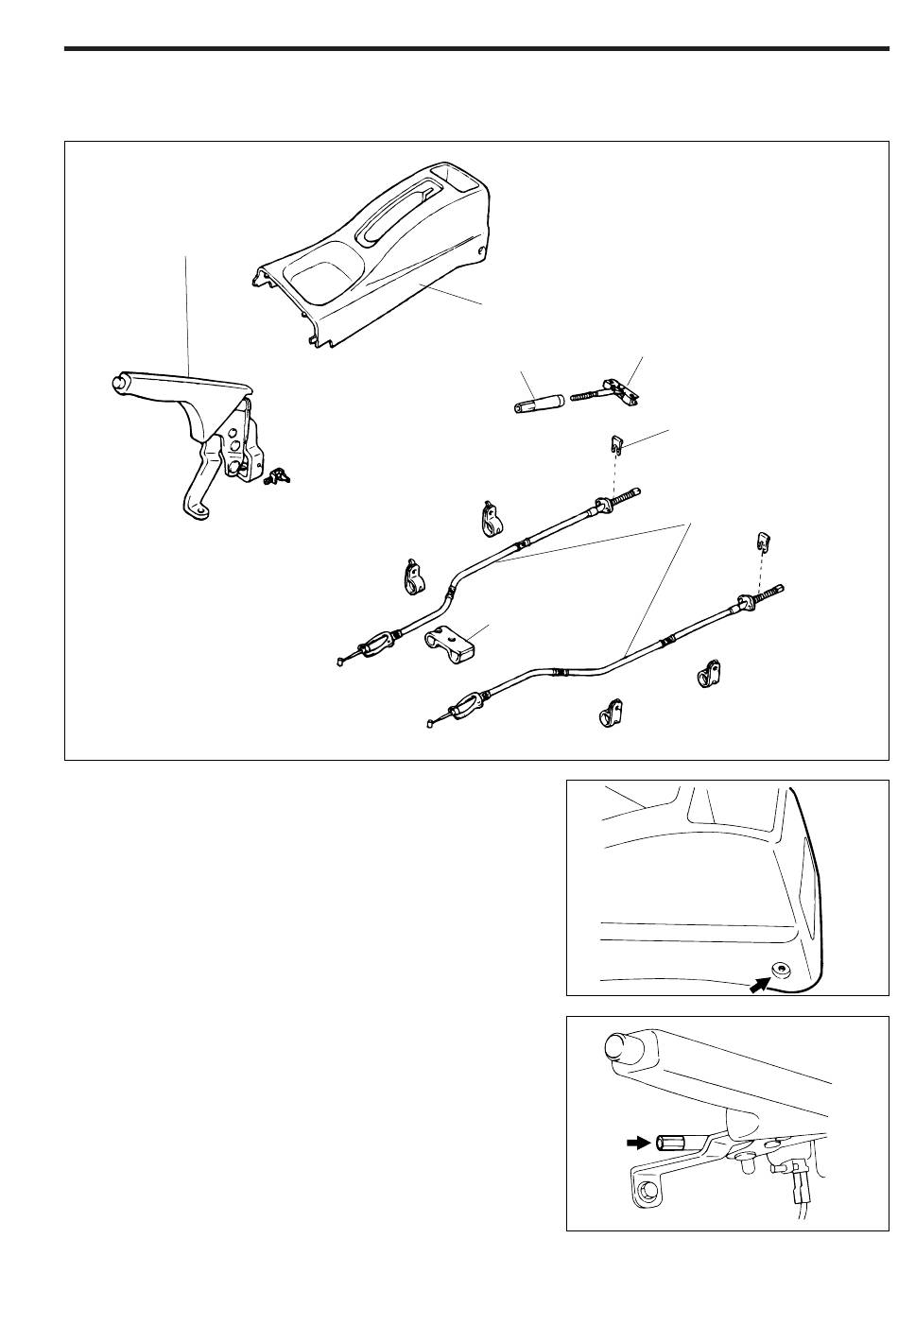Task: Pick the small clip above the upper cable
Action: [615, 442]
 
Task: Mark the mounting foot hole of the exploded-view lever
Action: [198, 510]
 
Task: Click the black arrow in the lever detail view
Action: [640, 1142]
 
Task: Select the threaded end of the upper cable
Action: [629, 494]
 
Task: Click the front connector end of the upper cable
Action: [352, 651]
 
